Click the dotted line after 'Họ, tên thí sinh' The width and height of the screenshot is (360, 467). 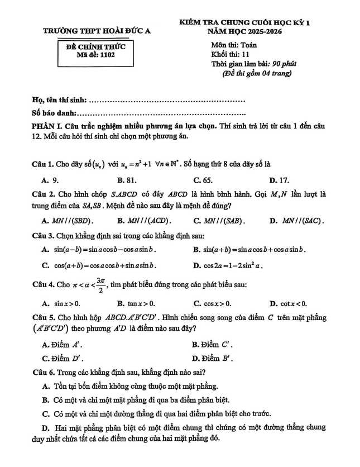tap(167, 101)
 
